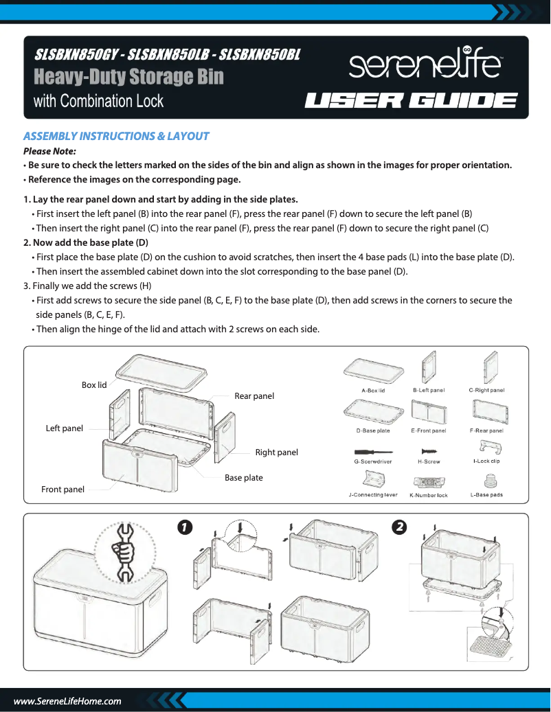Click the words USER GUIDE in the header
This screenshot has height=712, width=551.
(411, 102)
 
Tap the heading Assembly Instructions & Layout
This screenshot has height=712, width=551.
(116, 136)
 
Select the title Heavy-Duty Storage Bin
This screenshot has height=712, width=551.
(128, 76)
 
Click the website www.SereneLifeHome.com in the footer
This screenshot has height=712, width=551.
(67, 701)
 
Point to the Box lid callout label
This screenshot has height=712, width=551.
(94, 385)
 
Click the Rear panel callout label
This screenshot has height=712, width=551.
(254, 396)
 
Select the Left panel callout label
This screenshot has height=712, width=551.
(64, 428)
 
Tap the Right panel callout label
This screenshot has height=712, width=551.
(276, 452)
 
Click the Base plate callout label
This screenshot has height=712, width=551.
(243, 478)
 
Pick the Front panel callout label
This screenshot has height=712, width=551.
(63, 490)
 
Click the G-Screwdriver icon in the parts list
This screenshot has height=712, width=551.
(372, 452)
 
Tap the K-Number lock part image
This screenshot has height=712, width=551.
(428, 483)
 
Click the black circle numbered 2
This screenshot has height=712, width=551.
(398, 527)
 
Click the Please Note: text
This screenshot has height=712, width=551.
(49, 151)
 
